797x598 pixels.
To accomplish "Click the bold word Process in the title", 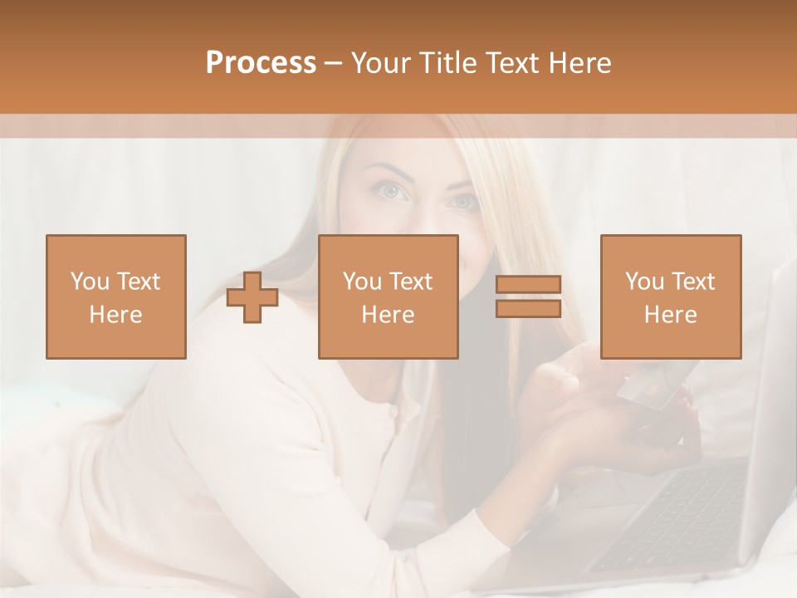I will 261,63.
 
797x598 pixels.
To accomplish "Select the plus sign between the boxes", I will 252,297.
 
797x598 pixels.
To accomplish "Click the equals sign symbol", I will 528,297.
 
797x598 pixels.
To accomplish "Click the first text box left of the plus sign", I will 116,297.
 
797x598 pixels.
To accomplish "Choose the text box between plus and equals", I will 388,297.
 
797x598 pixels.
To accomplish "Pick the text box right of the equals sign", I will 670,297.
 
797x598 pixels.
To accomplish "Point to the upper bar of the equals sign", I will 528,285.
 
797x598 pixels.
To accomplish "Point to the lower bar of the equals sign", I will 528,308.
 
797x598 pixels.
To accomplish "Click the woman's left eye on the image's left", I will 392,192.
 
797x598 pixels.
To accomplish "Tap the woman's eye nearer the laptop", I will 462,202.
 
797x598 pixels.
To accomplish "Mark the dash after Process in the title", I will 334,63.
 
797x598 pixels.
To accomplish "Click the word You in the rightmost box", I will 643,282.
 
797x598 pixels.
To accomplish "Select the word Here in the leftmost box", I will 116,315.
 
